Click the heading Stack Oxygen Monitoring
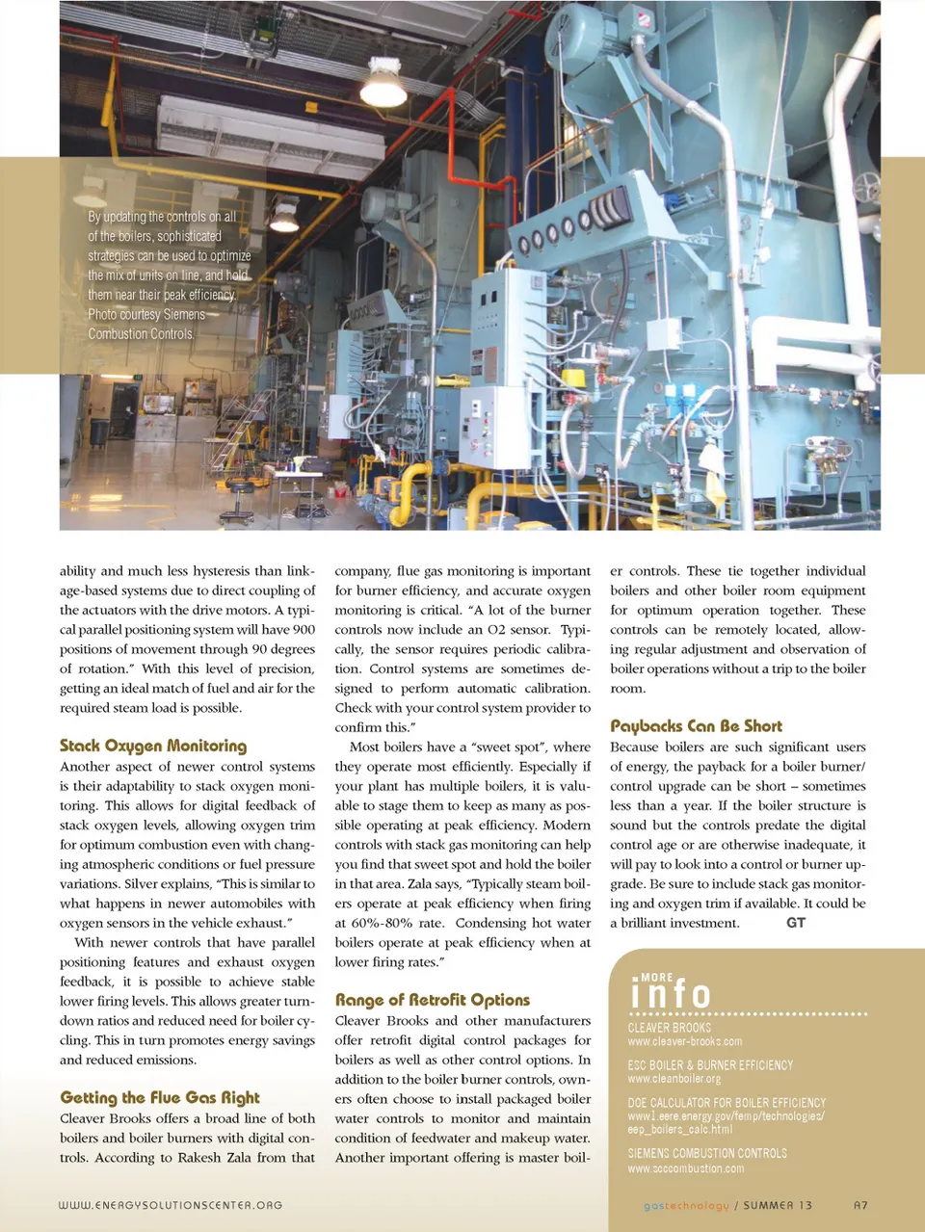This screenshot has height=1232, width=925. [153, 746]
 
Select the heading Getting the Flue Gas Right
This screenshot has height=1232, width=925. [160, 1097]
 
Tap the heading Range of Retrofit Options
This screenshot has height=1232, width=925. [433, 1000]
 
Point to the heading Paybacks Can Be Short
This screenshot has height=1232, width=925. [696, 725]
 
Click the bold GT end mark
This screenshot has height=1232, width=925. [796, 923]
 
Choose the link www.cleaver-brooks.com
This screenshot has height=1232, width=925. [685, 1041]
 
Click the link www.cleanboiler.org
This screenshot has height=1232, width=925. [674, 1079]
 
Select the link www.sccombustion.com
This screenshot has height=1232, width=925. [686, 1168]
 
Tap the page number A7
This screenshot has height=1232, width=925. [860, 1205]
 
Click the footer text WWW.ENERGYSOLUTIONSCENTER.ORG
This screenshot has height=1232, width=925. [171, 1205]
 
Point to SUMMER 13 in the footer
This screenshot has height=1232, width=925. [778, 1205]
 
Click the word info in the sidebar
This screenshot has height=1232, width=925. [671, 994]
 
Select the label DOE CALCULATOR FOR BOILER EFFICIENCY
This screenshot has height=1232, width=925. [727, 1103]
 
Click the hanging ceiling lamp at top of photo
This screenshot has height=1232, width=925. [383, 85]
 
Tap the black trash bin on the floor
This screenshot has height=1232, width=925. [100, 432]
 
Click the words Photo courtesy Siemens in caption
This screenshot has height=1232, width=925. [146, 315]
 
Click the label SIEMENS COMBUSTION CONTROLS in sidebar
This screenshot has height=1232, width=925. [707, 1153]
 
